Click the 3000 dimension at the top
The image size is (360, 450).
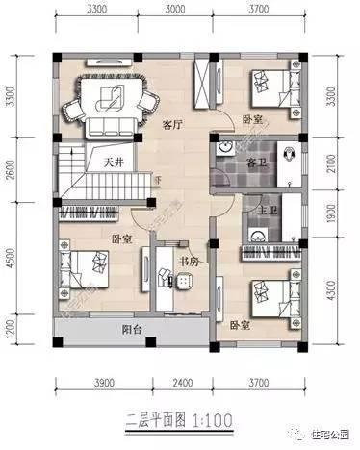click(x=174, y=12)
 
